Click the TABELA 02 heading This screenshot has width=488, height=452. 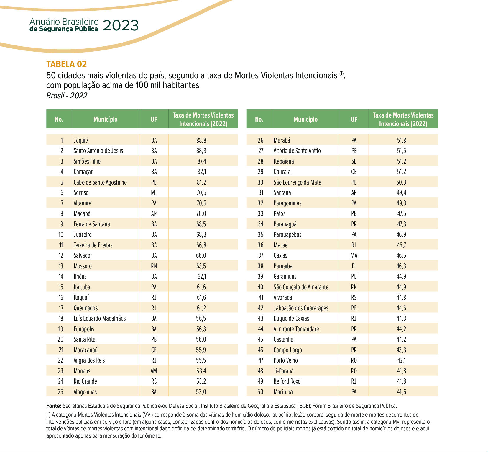tap(67, 64)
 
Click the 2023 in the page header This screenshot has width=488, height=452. tap(121, 26)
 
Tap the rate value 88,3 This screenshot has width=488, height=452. tap(201, 151)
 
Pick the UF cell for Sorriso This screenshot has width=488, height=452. tap(154, 192)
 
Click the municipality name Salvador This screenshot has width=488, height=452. tap(83, 255)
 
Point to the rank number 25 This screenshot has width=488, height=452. tap(60, 392)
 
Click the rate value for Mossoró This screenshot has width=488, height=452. tap(201, 266)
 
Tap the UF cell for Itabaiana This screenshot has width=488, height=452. tap(354, 161)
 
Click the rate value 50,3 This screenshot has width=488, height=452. tap(401, 182)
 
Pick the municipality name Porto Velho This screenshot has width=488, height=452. tap(286, 360)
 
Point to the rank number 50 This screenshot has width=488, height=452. tap(260, 392)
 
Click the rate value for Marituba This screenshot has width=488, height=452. tap(401, 392)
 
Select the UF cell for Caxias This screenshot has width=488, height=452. tap(354, 255)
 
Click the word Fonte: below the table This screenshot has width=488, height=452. tap(54, 406)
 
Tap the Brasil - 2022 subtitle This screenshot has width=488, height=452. tap(67, 96)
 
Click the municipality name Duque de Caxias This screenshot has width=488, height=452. tap(291, 318)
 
